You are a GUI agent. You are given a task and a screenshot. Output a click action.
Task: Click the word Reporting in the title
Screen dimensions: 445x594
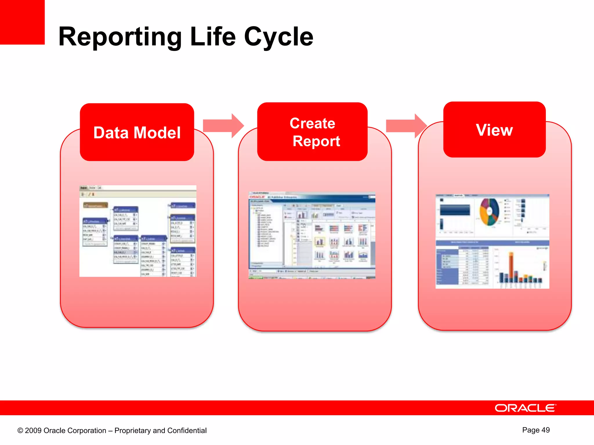pos(120,37)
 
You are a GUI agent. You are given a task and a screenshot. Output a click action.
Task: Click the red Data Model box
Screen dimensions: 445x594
pos(137,132)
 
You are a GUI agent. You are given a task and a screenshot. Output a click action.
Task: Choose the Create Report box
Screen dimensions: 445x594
pos(312,132)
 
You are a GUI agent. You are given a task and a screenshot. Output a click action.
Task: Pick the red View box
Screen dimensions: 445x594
pos(494,130)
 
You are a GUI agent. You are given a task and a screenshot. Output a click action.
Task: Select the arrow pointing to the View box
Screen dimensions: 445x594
pos(406,126)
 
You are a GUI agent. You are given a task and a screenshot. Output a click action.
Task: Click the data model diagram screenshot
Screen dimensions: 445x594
pos(138,231)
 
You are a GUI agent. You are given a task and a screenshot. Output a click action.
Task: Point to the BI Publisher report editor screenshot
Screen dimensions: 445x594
pos(312,235)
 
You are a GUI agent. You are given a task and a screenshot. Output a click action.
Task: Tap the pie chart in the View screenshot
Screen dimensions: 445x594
pos(489,212)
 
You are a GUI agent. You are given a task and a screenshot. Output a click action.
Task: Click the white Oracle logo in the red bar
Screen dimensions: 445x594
pos(525,408)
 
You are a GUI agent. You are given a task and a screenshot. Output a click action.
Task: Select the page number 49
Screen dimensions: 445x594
pos(545,430)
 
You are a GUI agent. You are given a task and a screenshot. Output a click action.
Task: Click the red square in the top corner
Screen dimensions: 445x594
pos(22,22)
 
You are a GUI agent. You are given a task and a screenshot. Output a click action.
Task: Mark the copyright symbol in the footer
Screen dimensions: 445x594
pos(20,431)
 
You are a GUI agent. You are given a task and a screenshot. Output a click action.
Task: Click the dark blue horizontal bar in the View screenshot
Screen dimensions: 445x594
pos(455,210)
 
